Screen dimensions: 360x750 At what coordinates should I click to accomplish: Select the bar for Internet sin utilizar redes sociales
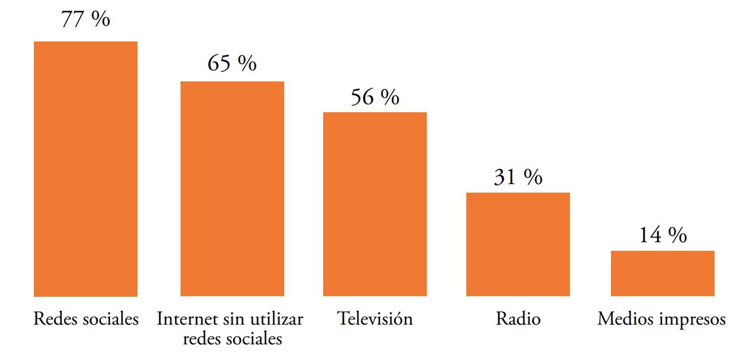(232, 189)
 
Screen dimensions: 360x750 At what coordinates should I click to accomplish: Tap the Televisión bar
(375, 204)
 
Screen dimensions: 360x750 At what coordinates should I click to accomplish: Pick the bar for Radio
(518, 244)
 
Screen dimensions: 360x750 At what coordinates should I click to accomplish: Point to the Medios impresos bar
(663, 273)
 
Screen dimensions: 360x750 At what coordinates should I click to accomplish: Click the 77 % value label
(85, 19)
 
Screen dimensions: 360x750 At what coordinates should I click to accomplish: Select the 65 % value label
(232, 63)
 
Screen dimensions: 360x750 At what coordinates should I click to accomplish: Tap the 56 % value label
(375, 97)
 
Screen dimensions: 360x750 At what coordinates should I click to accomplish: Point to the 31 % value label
(518, 177)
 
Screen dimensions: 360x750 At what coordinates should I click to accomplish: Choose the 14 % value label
(663, 235)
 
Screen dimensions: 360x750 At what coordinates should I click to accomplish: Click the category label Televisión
(375, 319)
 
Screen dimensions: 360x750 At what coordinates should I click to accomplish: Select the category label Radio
(518, 319)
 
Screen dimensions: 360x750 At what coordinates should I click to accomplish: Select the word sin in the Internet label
(230, 319)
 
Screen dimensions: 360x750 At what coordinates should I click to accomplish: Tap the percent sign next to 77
(101, 19)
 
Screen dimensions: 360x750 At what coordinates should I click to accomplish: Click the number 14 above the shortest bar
(649, 235)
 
